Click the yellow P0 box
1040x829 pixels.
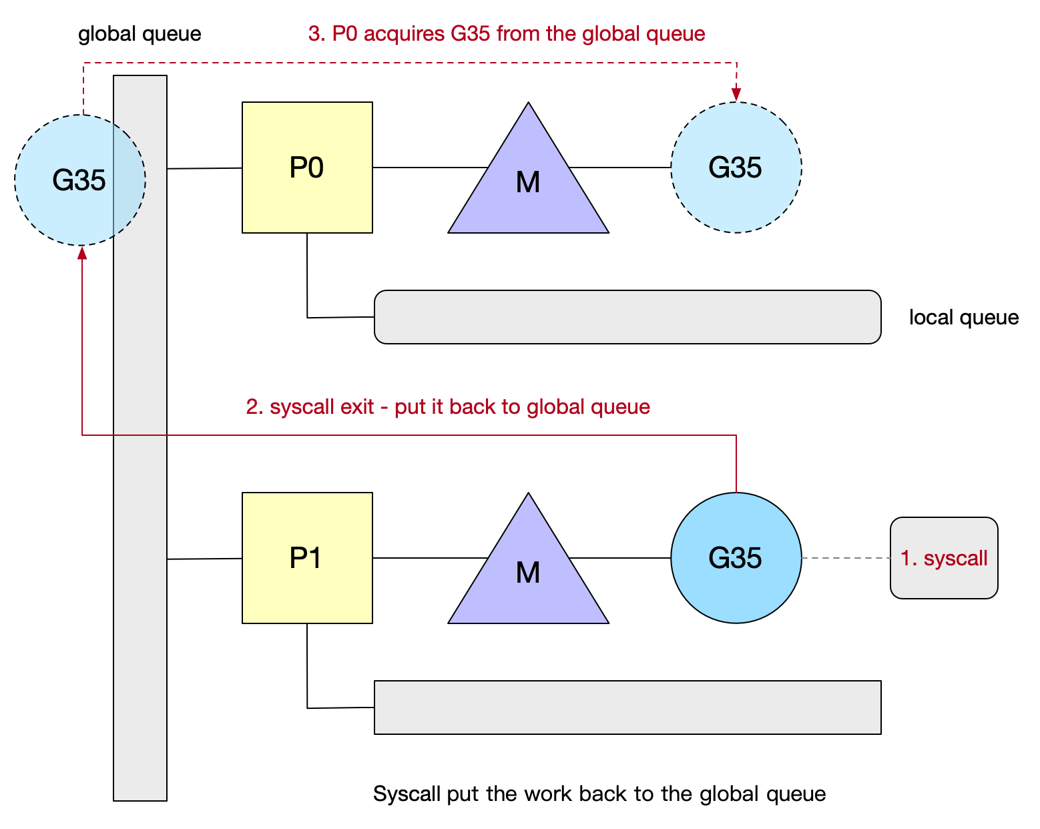[307, 168]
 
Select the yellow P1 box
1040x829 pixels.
[307, 558]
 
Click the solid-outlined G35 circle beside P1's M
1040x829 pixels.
[736, 558]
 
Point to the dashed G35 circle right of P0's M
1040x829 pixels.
[736, 168]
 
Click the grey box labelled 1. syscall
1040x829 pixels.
[943, 558]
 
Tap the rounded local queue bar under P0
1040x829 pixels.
[627, 317]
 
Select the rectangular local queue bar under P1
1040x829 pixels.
[627, 708]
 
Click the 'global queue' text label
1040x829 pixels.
[140, 33]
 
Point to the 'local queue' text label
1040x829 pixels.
[963, 317]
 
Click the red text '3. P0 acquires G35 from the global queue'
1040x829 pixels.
[507, 33]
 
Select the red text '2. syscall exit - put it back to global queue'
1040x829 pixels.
[448, 406]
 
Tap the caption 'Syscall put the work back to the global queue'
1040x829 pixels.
[599, 794]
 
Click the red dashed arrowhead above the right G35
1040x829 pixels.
[736, 94]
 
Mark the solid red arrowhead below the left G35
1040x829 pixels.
[82, 253]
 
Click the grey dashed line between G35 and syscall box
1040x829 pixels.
[846, 558]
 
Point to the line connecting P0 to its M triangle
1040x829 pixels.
[427, 168]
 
